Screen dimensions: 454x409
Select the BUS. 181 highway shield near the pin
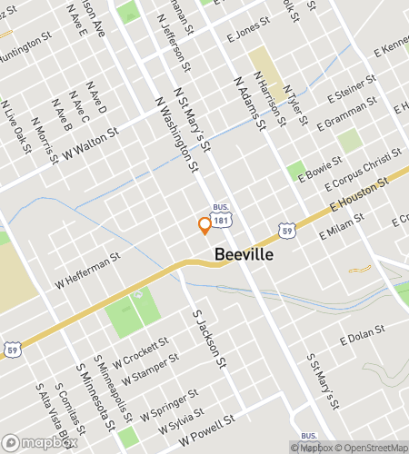click(x=221, y=214)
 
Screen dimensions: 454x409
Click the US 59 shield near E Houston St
click(x=286, y=231)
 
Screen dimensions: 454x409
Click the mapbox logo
click(x=36, y=444)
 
